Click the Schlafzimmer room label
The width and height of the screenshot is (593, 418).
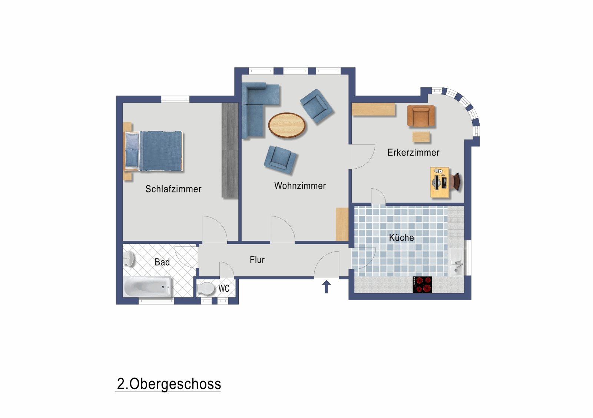[173, 189]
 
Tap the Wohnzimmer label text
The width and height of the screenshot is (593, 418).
[300, 186]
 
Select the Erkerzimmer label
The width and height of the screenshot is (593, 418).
[413, 152]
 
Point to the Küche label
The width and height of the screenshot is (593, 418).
[401, 238]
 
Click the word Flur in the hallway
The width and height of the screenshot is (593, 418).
[257, 260]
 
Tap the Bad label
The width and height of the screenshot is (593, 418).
[162, 262]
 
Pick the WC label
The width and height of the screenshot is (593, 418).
[224, 288]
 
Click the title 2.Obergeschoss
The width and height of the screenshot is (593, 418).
[169, 384]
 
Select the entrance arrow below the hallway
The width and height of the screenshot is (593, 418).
[326, 287]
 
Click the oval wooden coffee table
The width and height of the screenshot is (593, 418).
[287, 125]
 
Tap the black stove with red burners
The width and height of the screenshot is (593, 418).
[423, 285]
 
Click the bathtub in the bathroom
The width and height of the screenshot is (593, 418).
[148, 287]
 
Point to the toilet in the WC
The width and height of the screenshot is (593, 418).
[205, 289]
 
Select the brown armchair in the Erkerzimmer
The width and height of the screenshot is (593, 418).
[421, 116]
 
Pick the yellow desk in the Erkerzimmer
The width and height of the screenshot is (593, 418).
[440, 182]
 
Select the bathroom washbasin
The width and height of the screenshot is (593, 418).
[129, 258]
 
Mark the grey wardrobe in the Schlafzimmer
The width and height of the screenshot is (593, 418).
[230, 150]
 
